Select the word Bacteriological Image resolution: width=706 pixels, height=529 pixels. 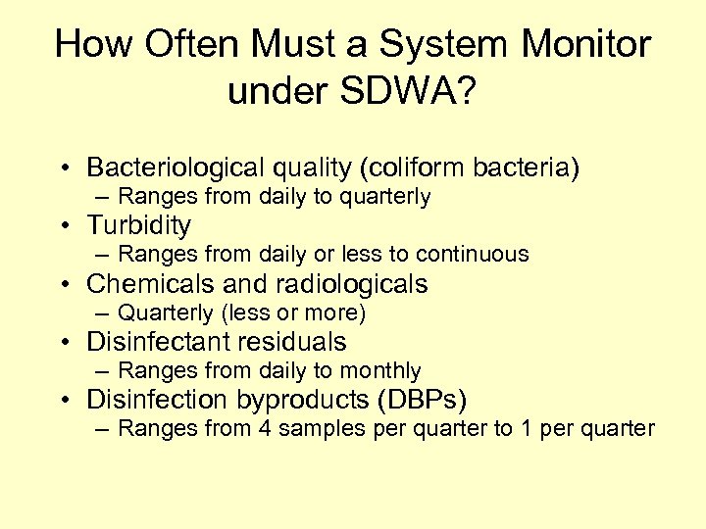(x=170, y=168)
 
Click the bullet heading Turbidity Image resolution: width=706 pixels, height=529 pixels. (x=138, y=225)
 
